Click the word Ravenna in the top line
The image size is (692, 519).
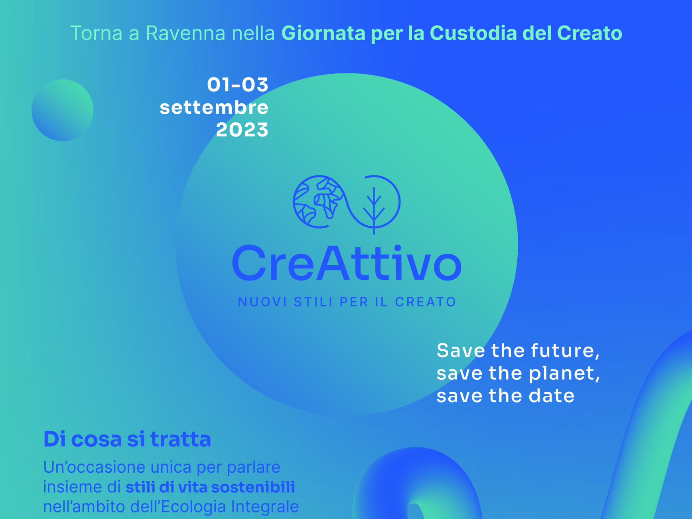[x=186, y=33]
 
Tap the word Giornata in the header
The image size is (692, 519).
[x=323, y=33]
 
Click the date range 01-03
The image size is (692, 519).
[x=238, y=85]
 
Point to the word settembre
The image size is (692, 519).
[x=214, y=107]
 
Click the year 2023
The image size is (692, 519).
[x=242, y=130]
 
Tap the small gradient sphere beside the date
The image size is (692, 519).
[x=63, y=110]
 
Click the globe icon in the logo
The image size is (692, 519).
[x=318, y=201]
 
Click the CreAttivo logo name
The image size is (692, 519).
[x=347, y=264]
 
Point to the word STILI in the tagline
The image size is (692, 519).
[x=313, y=302]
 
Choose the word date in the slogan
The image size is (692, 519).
[x=552, y=396]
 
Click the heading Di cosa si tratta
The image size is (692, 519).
[x=127, y=439]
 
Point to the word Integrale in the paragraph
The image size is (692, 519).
[x=265, y=507]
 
